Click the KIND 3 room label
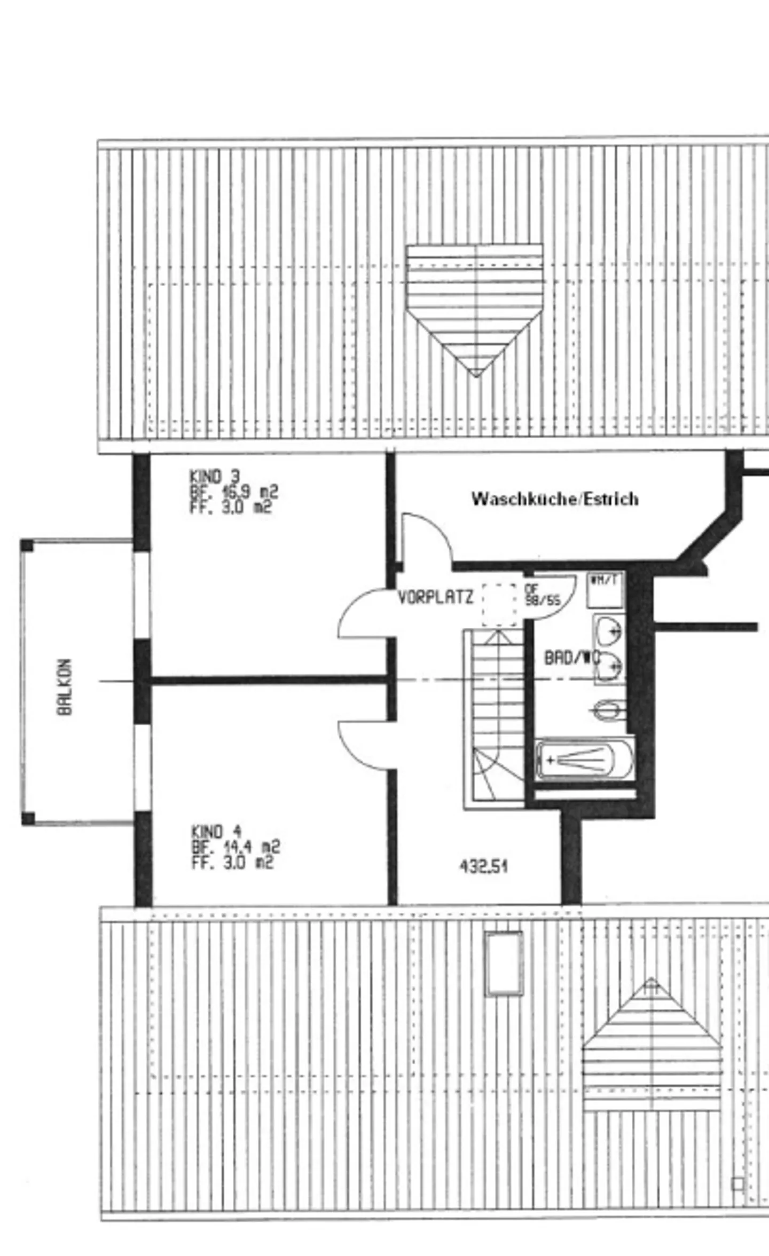pyautogui.click(x=215, y=476)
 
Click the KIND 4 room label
pyautogui.click(x=216, y=831)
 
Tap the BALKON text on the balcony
pyautogui.click(x=65, y=687)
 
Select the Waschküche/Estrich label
pyautogui.click(x=555, y=499)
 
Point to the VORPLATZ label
pyautogui.click(x=435, y=597)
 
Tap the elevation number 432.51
pyautogui.click(x=483, y=866)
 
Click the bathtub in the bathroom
pyautogui.click(x=585, y=760)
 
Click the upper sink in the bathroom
pyautogui.click(x=609, y=630)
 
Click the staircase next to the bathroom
pyautogui.click(x=494, y=715)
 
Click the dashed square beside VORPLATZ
pyautogui.click(x=500, y=605)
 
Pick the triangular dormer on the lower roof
pyautogui.click(x=652, y=1049)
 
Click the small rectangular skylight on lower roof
pyautogui.click(x=504, y=963)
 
